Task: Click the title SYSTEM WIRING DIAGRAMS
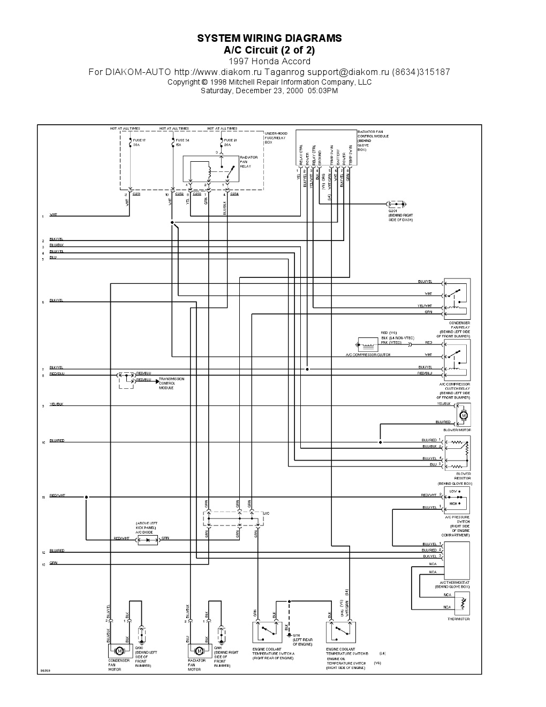(269, 39)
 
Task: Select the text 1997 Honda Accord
(269, 61)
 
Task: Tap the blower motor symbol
(464, 415)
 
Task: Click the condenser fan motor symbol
(120, 651)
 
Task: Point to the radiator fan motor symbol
(199, 651)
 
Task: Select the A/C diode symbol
(148, 540)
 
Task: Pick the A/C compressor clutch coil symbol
(367, 344)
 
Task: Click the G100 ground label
(139, 648)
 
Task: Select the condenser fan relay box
(457, 299)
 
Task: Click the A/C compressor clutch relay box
(457, 360)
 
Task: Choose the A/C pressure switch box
(457, 499)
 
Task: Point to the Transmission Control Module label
(171, 383)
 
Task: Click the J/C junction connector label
(266, 513)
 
